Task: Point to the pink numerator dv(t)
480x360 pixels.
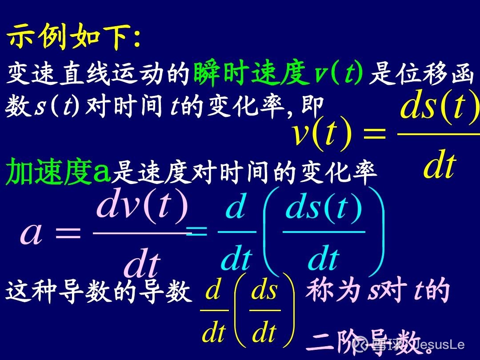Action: coord(142,207)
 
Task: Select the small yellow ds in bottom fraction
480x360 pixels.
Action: coord(264,291)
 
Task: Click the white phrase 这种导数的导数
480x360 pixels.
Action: coord(98,293)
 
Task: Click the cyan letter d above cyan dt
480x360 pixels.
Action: coord(236,208)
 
